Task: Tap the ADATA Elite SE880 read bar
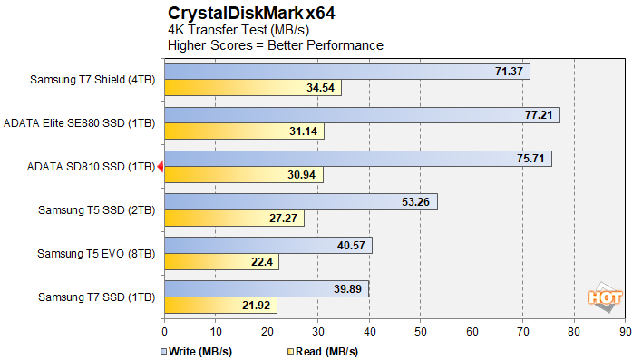click(244, 131)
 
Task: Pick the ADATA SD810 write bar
click(357, 159)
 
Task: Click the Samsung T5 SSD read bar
click(234, 219)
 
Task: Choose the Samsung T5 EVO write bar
click(267, 246)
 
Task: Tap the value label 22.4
click(261, 262)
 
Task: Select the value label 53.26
click(417, 202)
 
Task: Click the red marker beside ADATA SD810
click(160, 166)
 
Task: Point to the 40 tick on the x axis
click(369, 332)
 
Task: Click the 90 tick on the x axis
click(625, 332)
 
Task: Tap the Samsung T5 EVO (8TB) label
click(96, 254)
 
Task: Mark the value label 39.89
click(347, 289)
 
